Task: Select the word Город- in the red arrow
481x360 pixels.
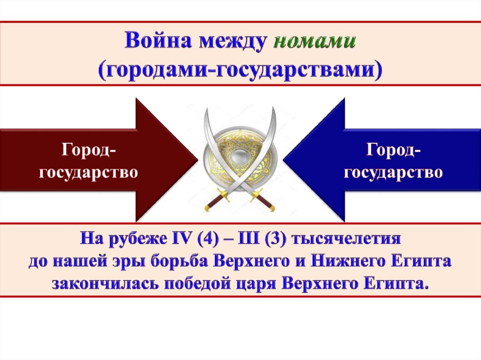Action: tap(88, 150)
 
